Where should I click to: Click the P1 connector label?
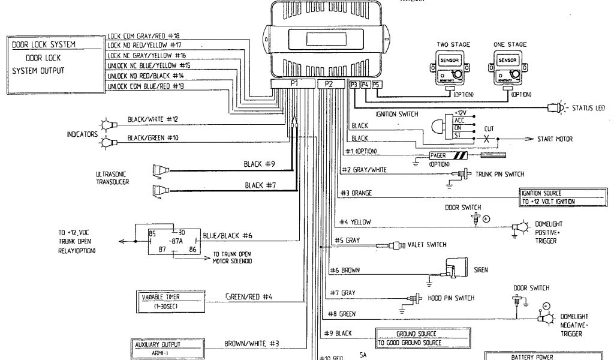[294, 84]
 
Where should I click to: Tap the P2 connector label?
[329, 84]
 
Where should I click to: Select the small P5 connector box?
[376, 85]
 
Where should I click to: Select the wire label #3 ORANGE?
[357, 193]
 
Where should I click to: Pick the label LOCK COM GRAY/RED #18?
[143, 36]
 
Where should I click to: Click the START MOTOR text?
[554, 139]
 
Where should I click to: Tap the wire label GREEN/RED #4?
[249, 296]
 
